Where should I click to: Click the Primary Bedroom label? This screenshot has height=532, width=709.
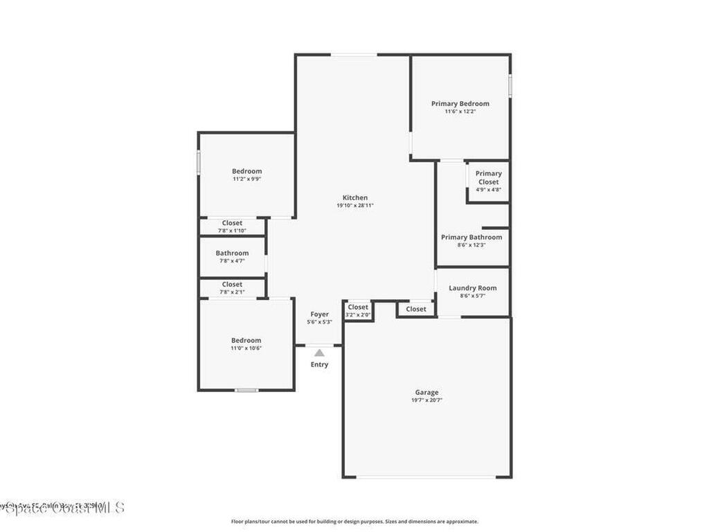460,104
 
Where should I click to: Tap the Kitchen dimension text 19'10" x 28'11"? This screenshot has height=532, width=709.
355,206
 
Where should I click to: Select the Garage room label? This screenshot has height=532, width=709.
427,393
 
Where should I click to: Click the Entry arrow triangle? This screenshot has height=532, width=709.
319,353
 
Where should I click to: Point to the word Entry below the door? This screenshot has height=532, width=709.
319,364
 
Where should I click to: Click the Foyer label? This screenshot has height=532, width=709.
319,314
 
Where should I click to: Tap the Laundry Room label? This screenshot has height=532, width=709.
472,288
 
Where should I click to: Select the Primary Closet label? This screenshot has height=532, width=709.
488,178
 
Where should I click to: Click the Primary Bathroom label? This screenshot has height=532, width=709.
472,238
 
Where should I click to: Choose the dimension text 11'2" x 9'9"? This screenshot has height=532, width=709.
246,179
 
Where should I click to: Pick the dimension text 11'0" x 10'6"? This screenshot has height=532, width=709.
246,348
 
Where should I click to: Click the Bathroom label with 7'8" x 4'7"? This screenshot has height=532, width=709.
232,254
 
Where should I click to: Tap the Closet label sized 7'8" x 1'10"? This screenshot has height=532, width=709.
232,223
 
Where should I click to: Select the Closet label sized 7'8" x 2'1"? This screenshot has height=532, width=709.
232,284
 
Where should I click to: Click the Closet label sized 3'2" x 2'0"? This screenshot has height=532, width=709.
358,307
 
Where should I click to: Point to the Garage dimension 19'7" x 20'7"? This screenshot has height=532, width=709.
427,400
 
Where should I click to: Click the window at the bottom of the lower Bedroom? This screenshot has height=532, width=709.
246,390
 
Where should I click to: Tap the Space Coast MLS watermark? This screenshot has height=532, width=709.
62,508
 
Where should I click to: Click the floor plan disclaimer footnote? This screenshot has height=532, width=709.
354,522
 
